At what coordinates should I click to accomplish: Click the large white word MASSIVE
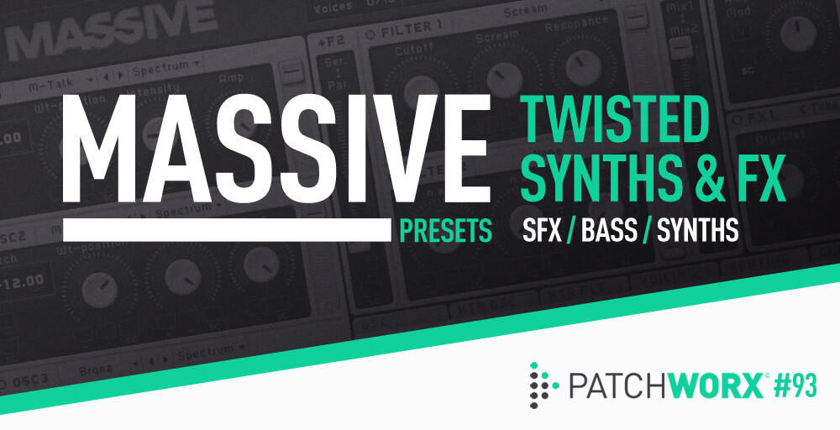point(277,155)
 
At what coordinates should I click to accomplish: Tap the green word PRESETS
point(446,231)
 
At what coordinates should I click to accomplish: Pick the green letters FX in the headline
point(759,179)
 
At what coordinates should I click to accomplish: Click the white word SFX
point(538,231)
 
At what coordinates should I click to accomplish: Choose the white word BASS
point(606,231)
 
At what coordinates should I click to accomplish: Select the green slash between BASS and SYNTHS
point(644,231)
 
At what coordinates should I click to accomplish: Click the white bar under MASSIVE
point(227,230)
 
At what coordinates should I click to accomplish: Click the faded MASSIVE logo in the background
point(109,25)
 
